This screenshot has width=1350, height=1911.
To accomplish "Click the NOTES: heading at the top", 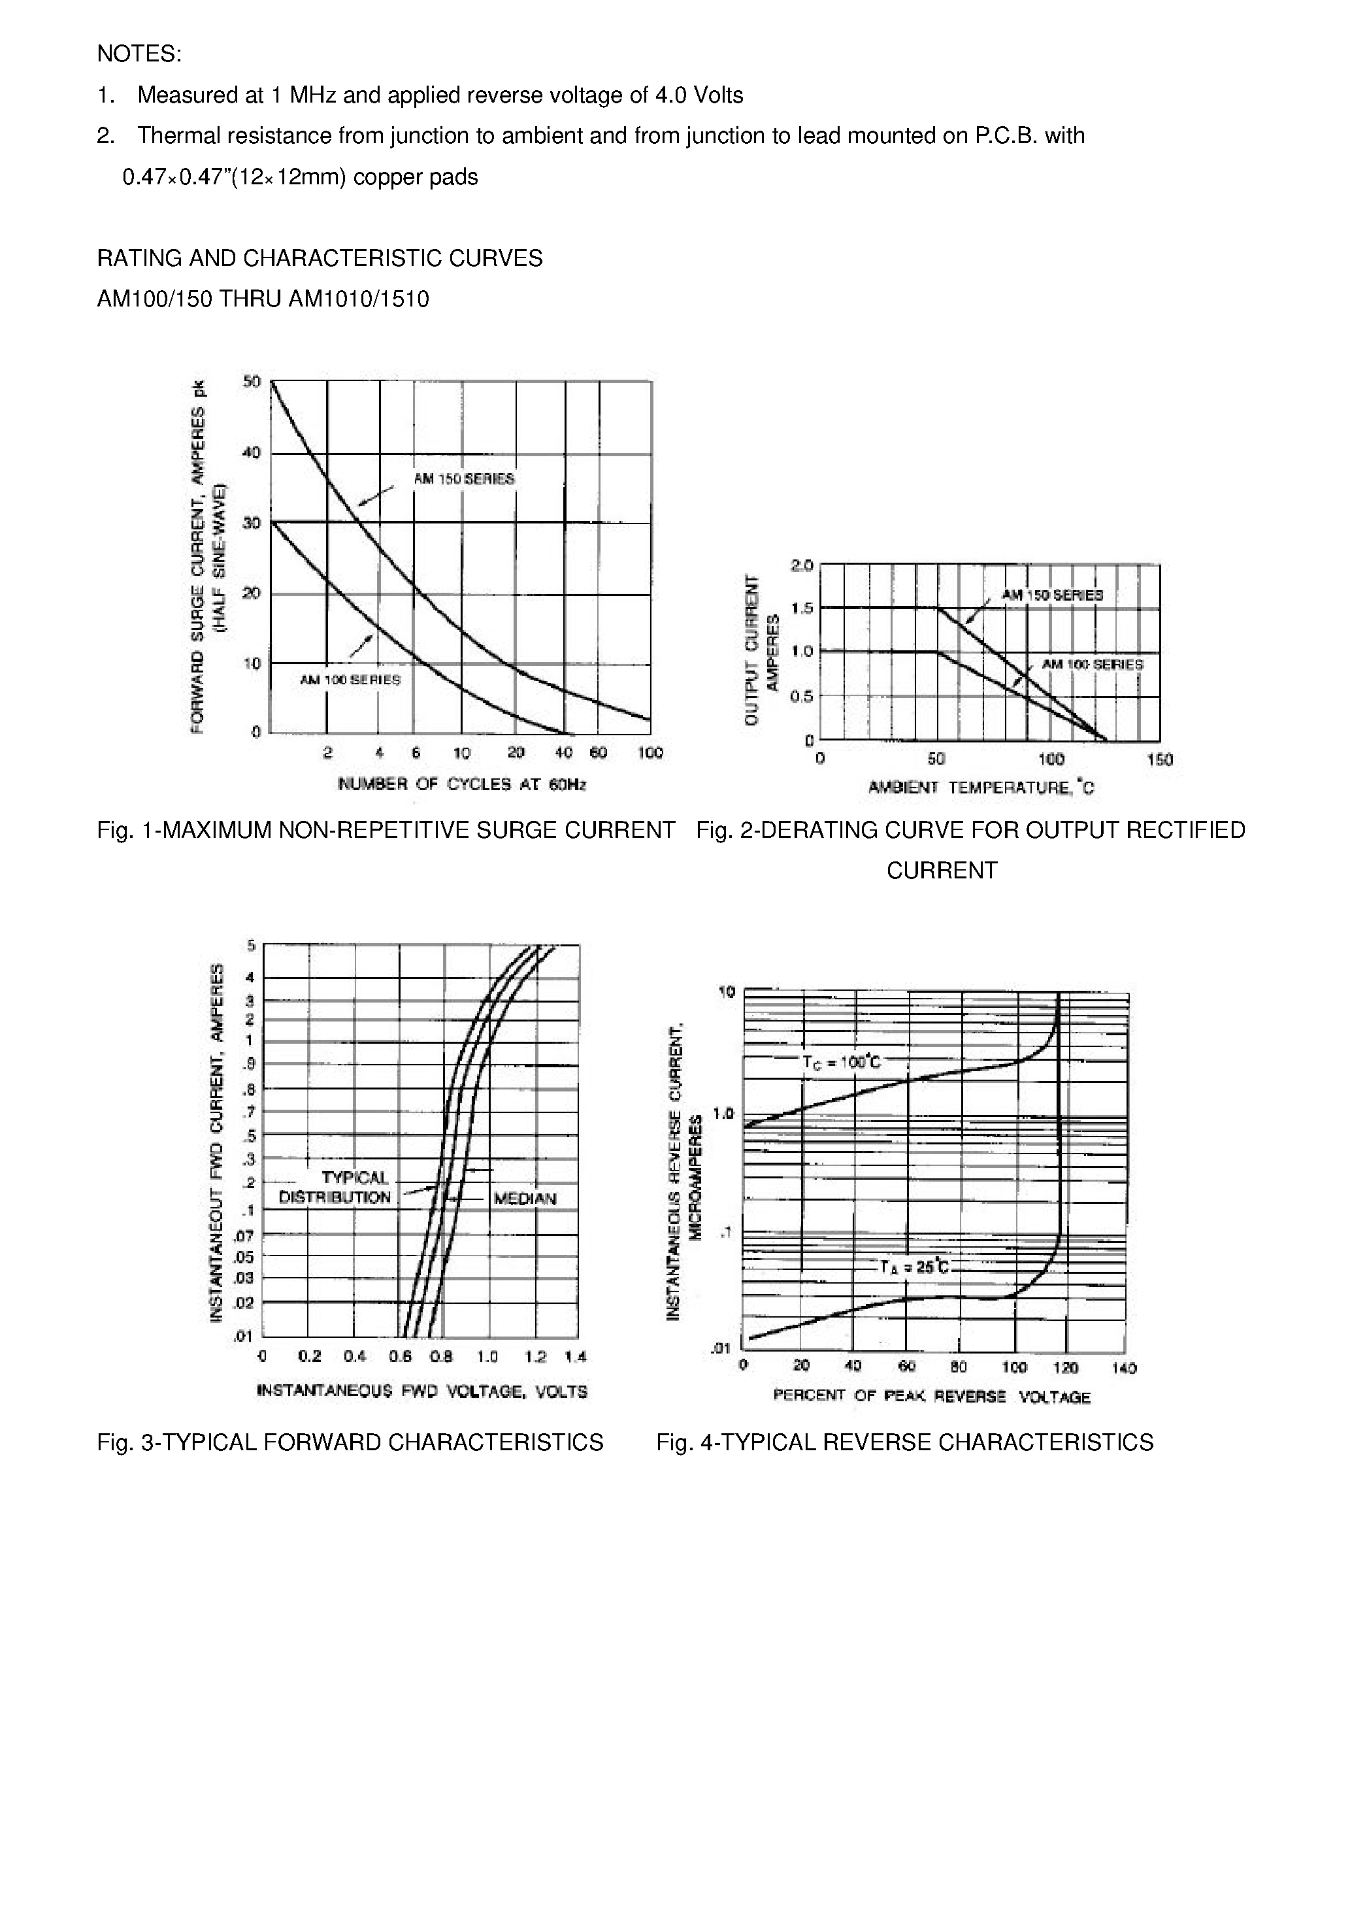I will [139, 54].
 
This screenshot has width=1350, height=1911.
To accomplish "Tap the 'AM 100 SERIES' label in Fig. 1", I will [350, 679].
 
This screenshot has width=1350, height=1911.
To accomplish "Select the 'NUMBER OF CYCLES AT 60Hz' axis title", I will [462, 784].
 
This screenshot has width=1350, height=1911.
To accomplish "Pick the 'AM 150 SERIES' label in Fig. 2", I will [1052, 595].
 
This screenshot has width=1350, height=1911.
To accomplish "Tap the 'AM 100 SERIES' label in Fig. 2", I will [1093, 664].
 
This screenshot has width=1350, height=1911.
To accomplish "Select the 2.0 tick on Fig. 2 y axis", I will [802, 566].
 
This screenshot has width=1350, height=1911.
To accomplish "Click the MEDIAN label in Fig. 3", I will [524, 1199].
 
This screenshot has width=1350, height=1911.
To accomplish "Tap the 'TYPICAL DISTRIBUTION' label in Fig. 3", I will [335, 1188].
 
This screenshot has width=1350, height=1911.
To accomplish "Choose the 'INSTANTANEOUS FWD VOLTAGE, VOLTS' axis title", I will [422, 1391].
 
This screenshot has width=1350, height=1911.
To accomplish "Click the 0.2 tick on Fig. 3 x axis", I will [309, 1356].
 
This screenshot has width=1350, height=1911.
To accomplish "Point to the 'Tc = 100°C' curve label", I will [840, 1063].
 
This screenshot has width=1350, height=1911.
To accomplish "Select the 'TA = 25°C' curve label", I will [914, 1268].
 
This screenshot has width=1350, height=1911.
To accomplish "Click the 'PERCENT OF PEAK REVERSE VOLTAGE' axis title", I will [931, 1396].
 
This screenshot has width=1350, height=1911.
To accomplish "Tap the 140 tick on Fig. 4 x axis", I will [1124, 1367].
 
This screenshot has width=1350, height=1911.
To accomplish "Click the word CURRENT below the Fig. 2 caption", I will [942, 871].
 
